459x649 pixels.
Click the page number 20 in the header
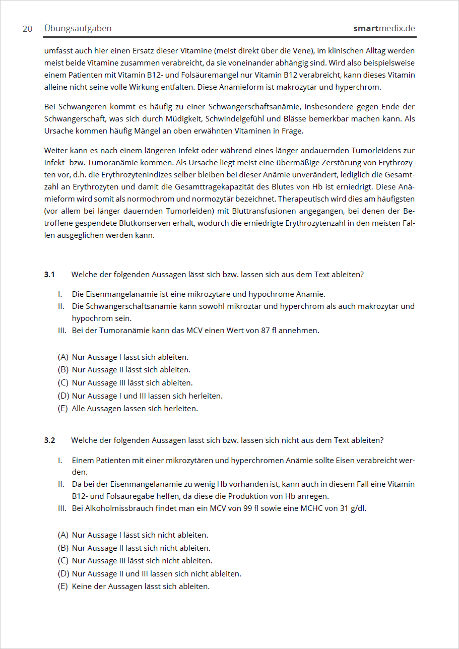pos(27,29)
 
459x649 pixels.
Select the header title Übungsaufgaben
pos(78,28)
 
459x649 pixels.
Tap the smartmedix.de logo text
pos(384,28)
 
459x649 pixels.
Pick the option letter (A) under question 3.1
pos(63,357)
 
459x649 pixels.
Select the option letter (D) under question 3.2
pos(63,573)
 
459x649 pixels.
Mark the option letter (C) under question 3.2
pos(63,561)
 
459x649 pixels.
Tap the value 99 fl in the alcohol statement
pos(251,508)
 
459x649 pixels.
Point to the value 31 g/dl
pos(353,508)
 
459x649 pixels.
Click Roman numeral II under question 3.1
pos(60,306)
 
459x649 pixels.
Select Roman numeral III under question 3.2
pos(61,508)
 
